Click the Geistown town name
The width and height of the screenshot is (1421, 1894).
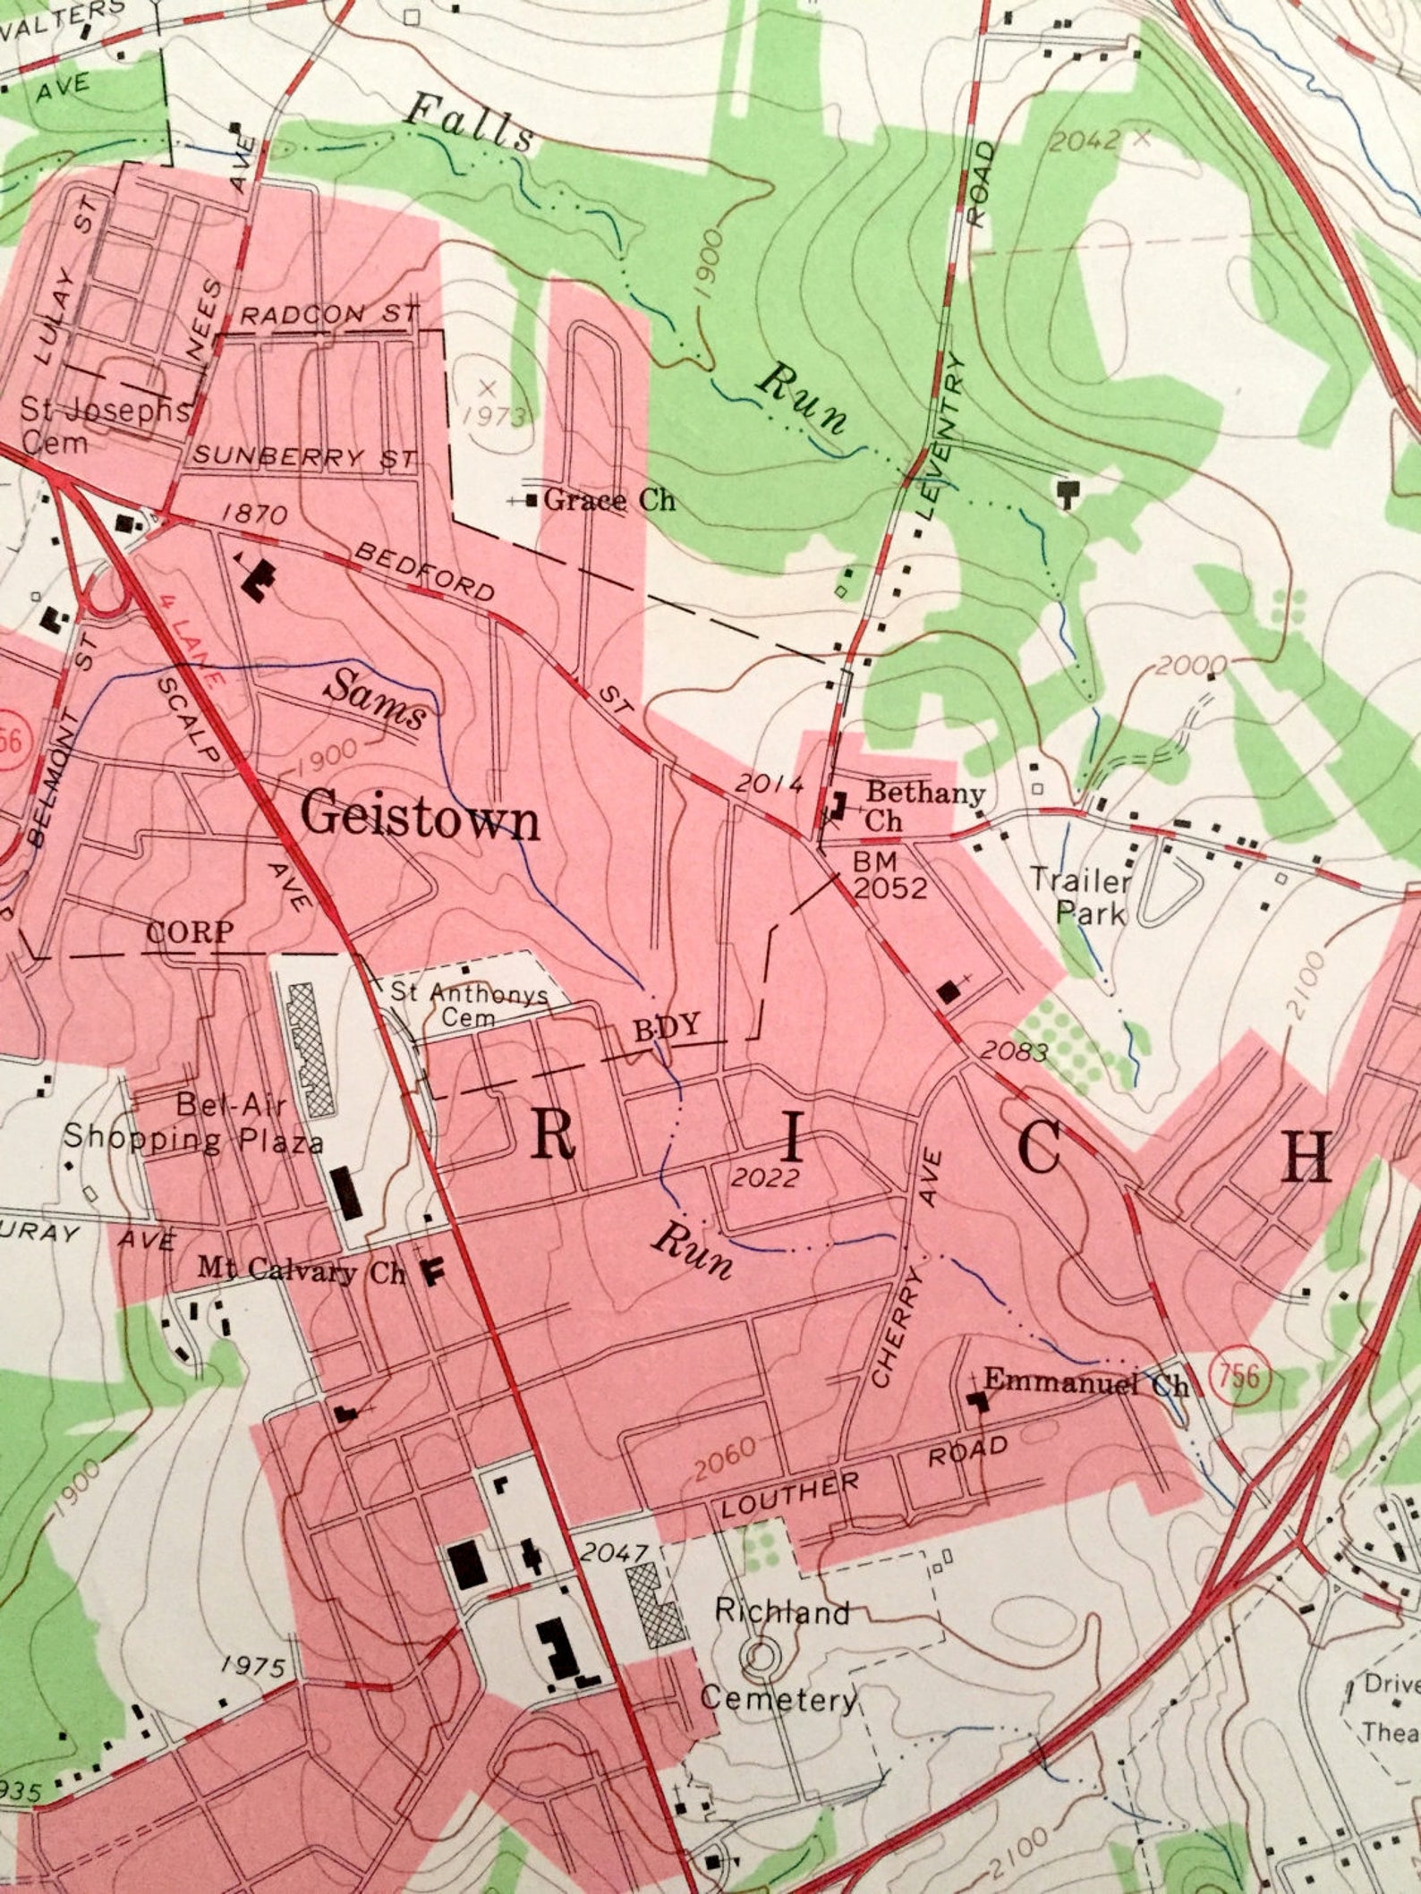click(x=421, y=817)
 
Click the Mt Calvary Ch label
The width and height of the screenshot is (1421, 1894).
click(x=302, y=1270)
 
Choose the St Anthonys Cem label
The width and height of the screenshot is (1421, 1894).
click(x=474, y=1004)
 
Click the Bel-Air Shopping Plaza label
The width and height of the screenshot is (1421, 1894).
click(x=192, y=1123)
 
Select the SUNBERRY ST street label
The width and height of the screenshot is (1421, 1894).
click(x=305, y=456)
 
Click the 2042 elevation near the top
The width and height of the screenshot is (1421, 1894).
click(x=1084, y=142)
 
